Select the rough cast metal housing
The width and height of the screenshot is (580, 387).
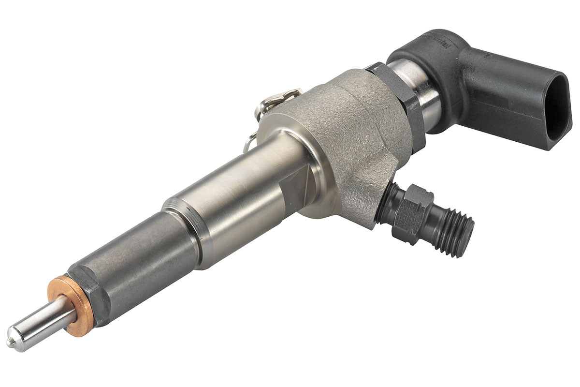tap(348, 135)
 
